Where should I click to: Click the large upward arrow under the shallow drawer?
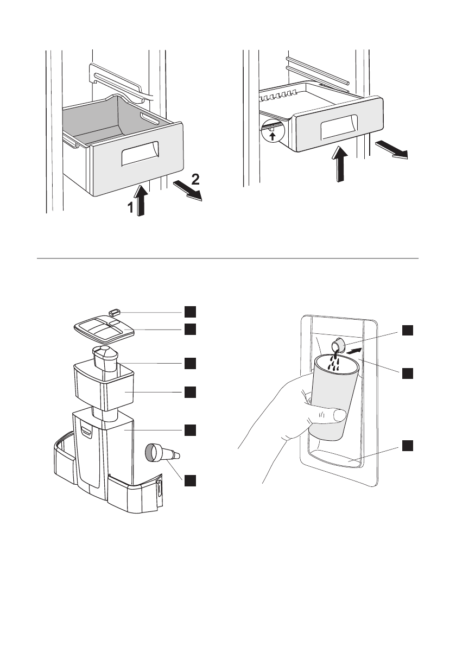(340, 163)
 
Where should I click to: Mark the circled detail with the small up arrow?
(272, 131)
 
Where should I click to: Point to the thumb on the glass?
(333, 416)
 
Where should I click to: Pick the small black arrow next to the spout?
(353, 352)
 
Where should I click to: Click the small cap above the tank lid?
(113, 312)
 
